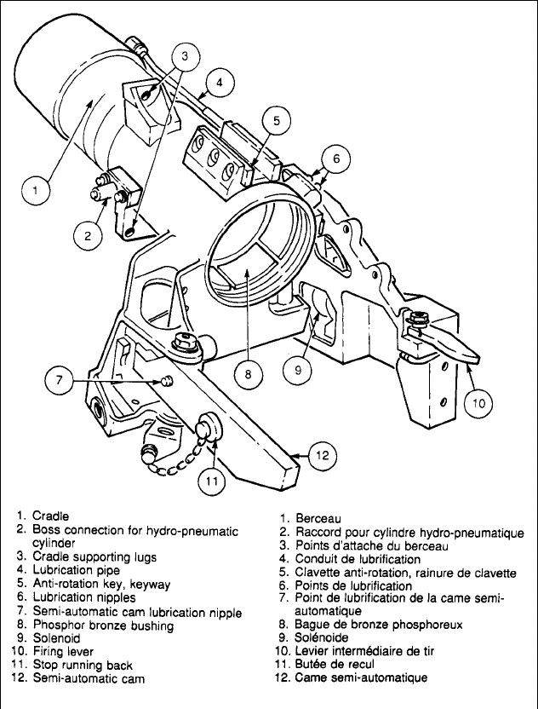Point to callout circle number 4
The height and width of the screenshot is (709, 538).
pyautogui.click(x=220, y=83)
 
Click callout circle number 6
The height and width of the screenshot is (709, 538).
pyautogui.click(x=336, y=158)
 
